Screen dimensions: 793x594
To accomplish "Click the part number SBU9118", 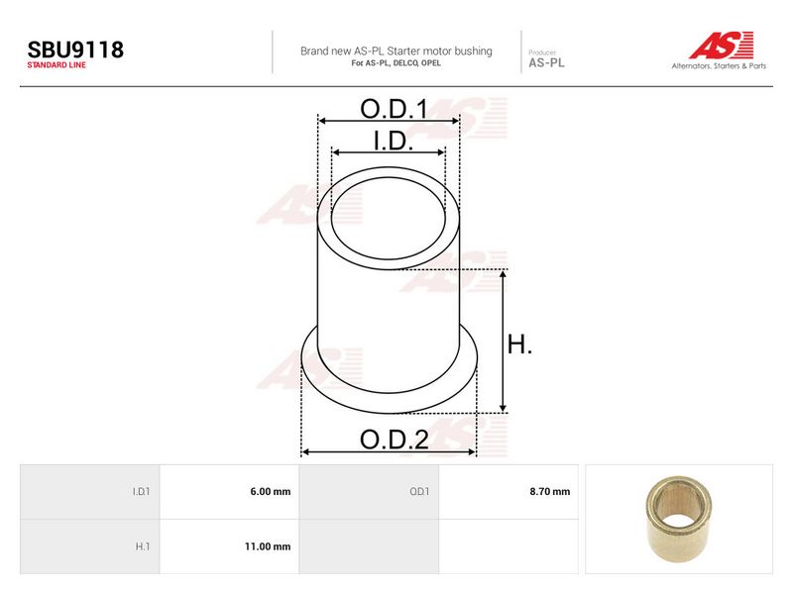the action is coord(75,49).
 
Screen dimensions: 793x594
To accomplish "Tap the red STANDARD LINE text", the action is coord(57,65).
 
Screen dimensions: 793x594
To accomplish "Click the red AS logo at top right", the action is coord(722,45).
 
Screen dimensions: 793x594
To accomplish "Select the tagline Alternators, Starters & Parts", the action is coord(719,65).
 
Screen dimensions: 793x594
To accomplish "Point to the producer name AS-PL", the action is coord(546,63).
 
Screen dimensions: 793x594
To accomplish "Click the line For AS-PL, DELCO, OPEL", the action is coord(396,63).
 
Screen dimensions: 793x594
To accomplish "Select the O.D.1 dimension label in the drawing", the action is coord(394,109).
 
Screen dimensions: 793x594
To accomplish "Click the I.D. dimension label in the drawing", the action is coord(393,141).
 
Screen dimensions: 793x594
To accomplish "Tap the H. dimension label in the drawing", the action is coord(519,345).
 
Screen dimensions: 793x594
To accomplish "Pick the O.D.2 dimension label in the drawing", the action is coord(394,440).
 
